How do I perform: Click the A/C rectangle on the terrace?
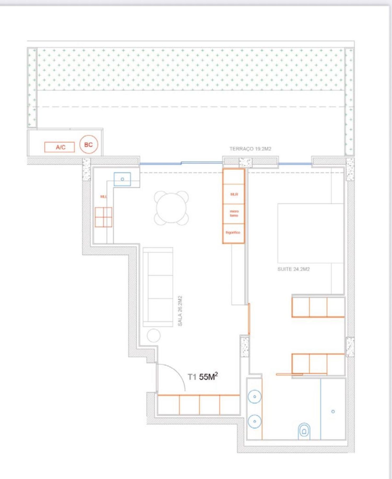pos(60,147)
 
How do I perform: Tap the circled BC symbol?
pos(89,145)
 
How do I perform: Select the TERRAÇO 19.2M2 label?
pos(250,149)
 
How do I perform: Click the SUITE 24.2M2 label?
pos(293,269)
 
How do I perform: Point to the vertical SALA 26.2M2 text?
pos(180,311)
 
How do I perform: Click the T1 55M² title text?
pos(203,377)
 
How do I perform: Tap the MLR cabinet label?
pos(234,194)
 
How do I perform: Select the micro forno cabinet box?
pos(234,213)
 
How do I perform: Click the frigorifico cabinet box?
pos(233,233)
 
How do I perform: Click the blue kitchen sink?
pos(122,179)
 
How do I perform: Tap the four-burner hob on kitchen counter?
pos(103,217)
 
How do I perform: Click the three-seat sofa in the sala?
pos(158,287)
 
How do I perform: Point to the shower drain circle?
pos(333,411)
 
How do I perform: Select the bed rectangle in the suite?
pos(310,233)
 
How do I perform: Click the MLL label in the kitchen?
pos(103,197)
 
